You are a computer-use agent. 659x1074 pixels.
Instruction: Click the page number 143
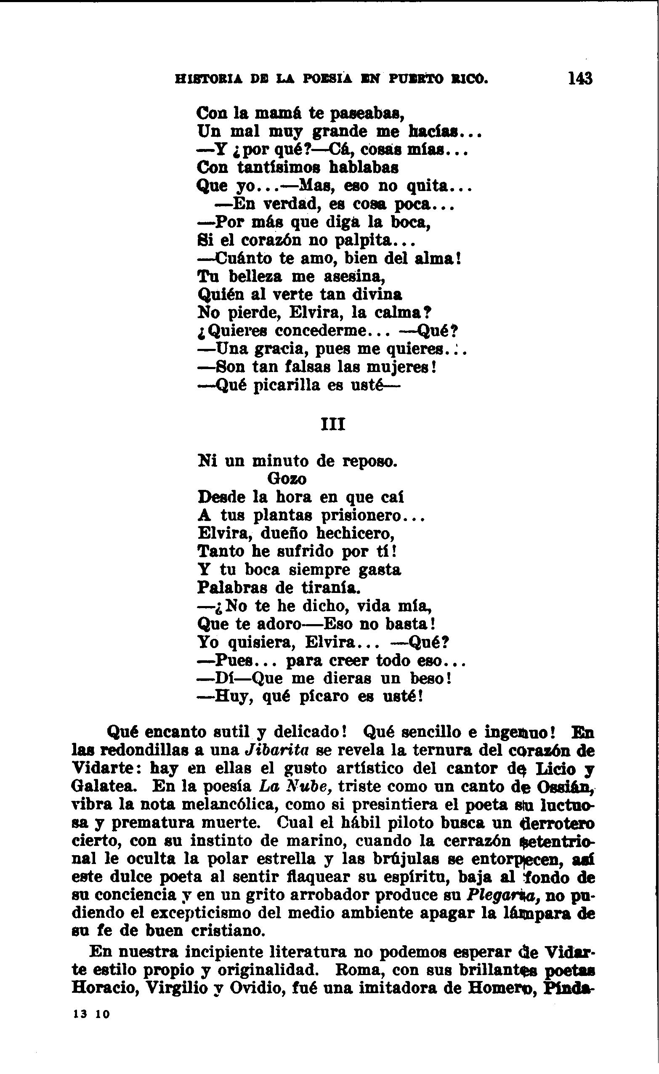580,78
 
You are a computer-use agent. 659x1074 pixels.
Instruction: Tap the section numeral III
333,424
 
